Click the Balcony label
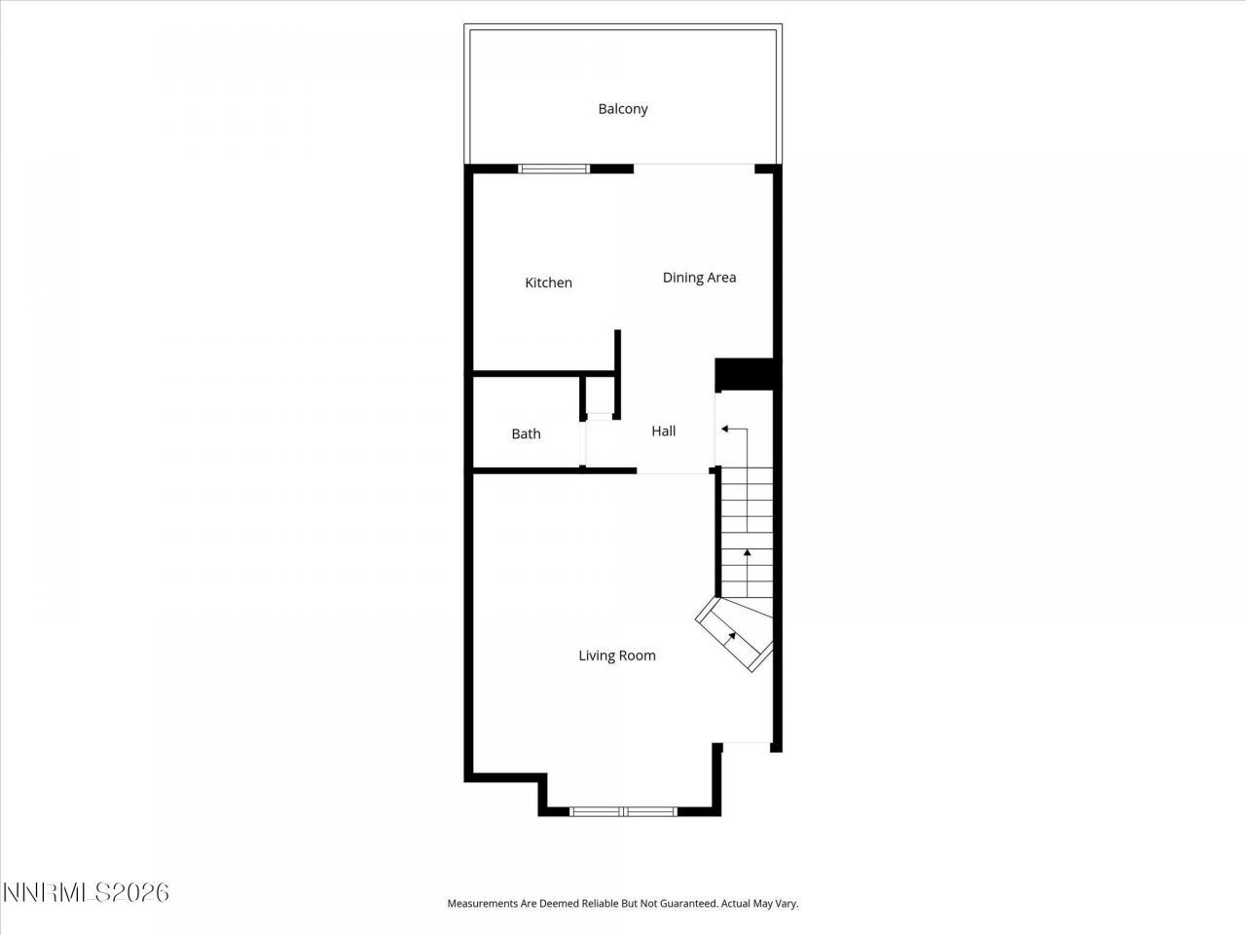point(622,109)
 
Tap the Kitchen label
point(548,282)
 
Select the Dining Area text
point(699,278)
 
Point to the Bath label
point(526,434)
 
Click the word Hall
point(663,430)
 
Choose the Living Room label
point(617,655)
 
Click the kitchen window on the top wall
point(553,168)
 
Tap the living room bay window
point(623,810)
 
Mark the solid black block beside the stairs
point(744,374)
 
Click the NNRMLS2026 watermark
point(86,892)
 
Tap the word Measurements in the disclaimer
point(482,904)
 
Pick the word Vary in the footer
point(785,904)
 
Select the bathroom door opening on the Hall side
point(584,443)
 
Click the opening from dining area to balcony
point(693,165)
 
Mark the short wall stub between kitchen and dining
point(617,351)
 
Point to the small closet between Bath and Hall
point(599,394)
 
